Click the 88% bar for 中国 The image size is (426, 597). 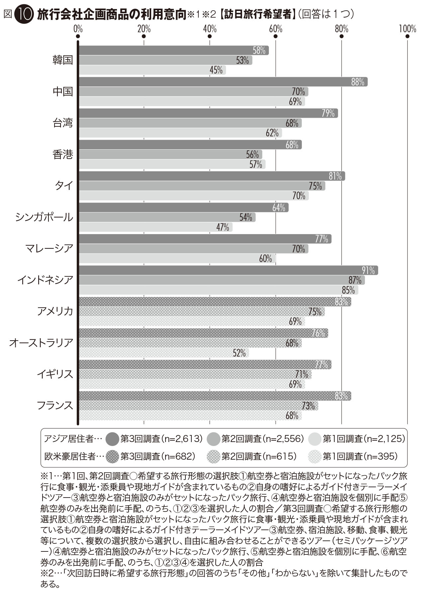tap(223, 82)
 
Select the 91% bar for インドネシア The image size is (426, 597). tap(228, 270)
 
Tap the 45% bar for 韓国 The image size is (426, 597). tap(153, 70)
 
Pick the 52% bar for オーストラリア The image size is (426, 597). tap(164, 353)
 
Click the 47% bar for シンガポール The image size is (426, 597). tap(156, 227)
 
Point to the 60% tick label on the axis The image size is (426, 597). tap(275, 29)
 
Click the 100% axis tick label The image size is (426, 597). tap(407, 29)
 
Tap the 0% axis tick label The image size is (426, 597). tap(78, 29)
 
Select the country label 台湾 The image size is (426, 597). tap(63, 123)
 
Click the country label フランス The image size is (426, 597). tap(55, 405)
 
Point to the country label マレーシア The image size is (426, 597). tap(49, 248)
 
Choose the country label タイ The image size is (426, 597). tap(64, 186)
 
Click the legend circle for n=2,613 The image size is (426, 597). tap(112, 439)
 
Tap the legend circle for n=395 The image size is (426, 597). tap(315, 456)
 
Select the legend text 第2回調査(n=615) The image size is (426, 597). tap(259, 456)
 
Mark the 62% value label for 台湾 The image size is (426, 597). tap(272, 133)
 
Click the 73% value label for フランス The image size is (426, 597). tap(308, 406)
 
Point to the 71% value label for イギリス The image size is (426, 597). tap(302, 374)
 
